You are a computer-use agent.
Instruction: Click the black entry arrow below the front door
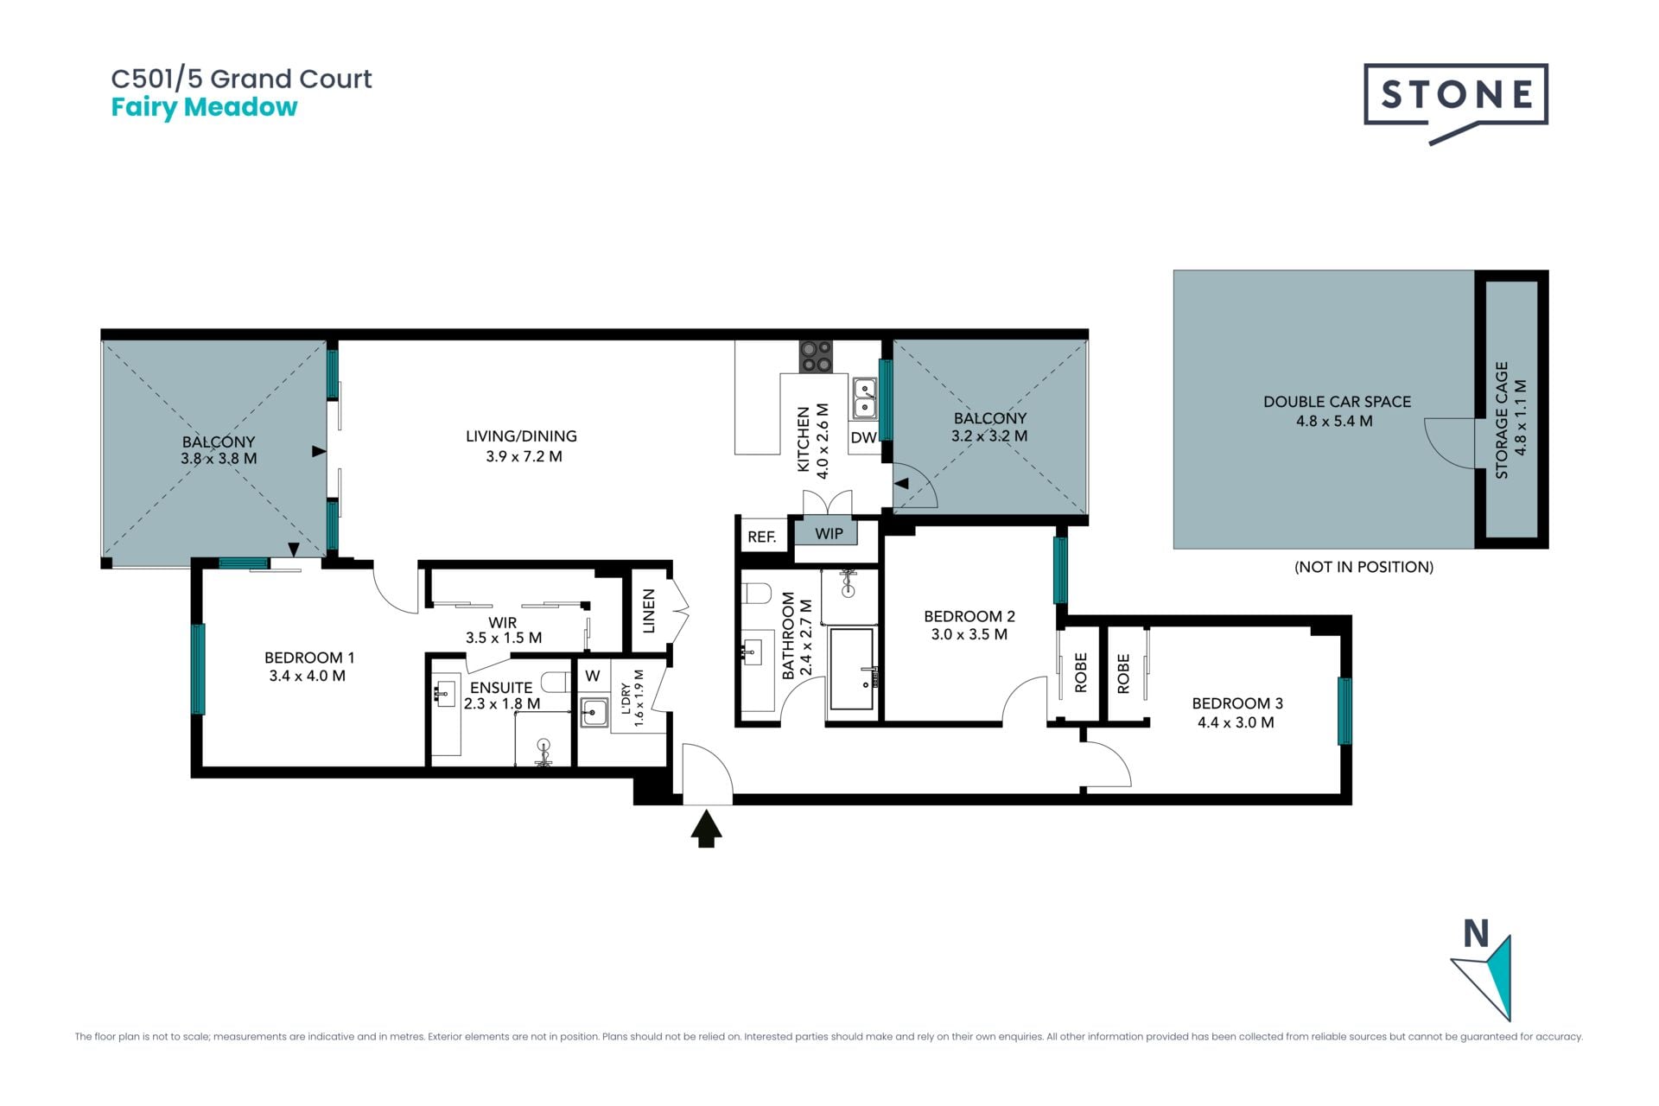click(707, 828)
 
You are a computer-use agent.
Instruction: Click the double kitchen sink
click(865, 397)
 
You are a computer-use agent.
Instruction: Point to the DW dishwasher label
click(863, 438)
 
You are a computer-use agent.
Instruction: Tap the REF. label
click(761, 537)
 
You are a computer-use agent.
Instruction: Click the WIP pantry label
click(829, 533)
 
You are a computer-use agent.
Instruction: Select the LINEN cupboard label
click(650, 610)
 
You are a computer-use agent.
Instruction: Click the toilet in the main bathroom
click(757, 594)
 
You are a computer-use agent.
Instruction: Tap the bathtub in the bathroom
click(852, 669)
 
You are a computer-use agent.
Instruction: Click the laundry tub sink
click(594, 712)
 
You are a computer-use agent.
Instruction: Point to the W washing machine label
click(592, 676)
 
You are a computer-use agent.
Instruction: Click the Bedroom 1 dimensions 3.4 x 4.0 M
click(307, 676)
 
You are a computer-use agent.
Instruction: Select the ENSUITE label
click(501, 688)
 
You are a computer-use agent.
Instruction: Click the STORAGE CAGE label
click(1502, 420)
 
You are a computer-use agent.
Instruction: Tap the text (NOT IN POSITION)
click(1363, 567)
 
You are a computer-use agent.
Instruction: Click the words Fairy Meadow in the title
click(204, 107)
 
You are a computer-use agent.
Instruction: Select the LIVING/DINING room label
click(521, 436)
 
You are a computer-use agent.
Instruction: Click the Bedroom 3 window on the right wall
click(1344, 711)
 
